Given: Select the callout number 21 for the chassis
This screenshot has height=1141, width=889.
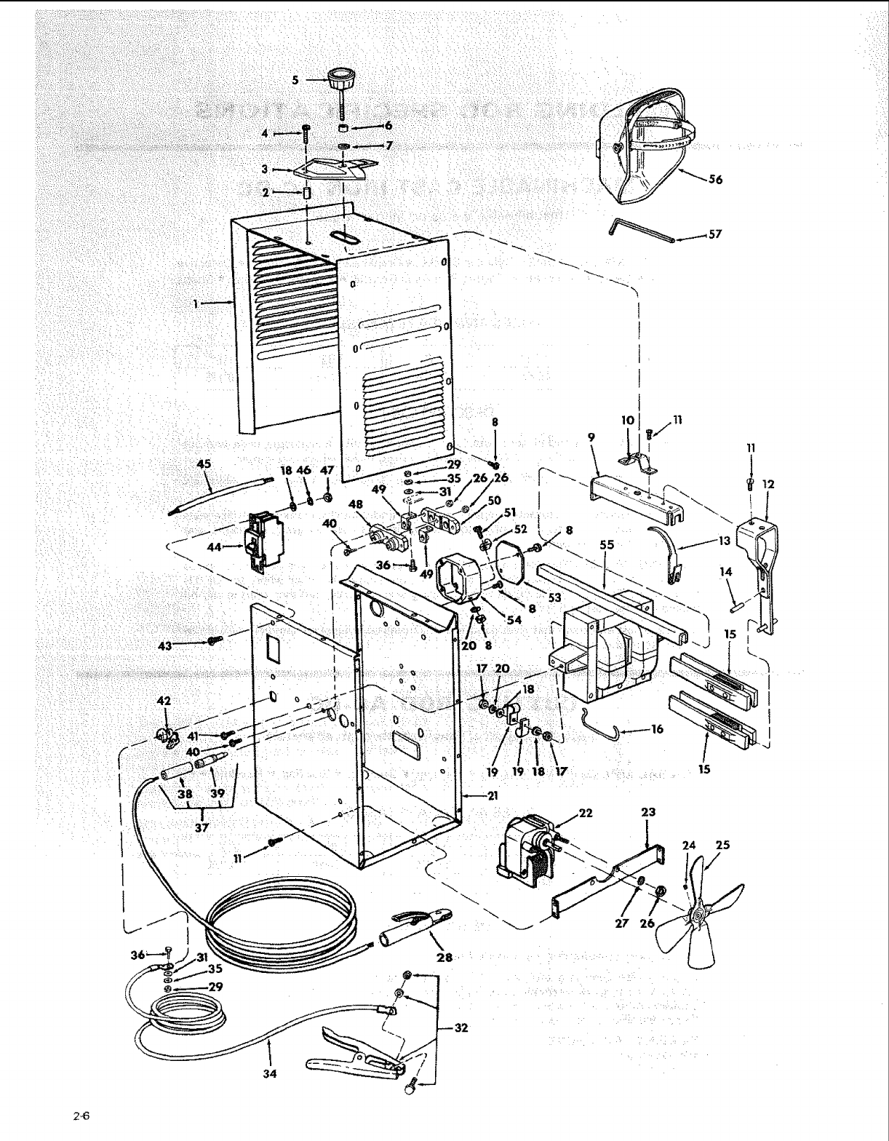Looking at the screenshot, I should (x=493, y=795).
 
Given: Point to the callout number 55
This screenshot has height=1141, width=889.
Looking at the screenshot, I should (x=607, y=544).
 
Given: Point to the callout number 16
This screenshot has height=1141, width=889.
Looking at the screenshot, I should (x=657, y=728).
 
